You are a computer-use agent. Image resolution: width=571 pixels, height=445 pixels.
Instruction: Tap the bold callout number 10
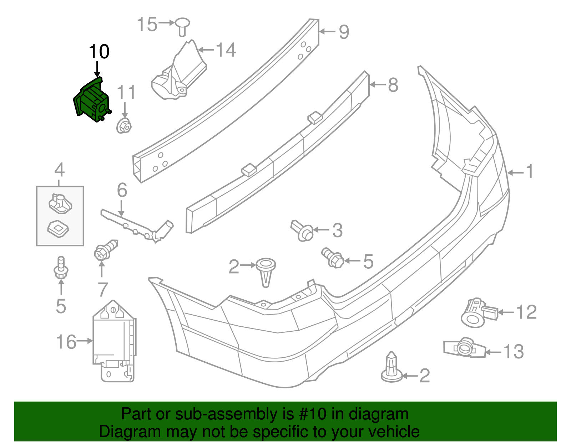click(x=99, y=52)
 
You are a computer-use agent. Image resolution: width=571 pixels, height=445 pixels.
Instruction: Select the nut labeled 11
click(x=124, y=126)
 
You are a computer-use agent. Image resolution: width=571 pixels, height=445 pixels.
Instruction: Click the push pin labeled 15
click(x=182, y=26)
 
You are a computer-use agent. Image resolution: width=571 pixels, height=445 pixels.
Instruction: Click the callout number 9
click(x=344, y=32)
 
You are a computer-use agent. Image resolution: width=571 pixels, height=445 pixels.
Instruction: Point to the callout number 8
click(x=393, y=85)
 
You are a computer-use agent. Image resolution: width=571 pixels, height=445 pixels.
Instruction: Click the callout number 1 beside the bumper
click(x=530, y=172)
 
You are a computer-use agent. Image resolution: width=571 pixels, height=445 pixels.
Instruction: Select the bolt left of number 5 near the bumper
click(x=333, y=258)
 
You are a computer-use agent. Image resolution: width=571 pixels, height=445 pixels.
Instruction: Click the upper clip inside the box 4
click(x=60, y=203)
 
